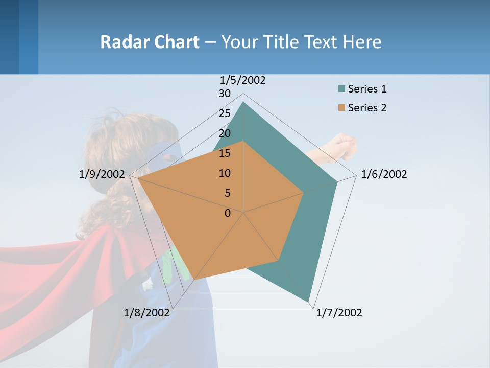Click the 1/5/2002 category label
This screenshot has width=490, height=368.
[243, 80]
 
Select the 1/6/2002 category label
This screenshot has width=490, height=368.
[384, 175]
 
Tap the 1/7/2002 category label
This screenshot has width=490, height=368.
[339, 313]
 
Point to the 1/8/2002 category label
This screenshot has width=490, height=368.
[146, 313]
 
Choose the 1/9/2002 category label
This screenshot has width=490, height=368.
[102, 175]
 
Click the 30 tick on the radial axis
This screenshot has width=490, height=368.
[225, 94]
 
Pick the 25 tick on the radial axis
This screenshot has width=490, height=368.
[225, 114]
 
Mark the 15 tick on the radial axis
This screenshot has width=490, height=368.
[225, 154]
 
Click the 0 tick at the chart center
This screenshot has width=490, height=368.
[228, 213]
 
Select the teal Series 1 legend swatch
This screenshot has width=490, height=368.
[341, 89]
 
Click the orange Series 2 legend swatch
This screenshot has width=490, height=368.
[341, 108]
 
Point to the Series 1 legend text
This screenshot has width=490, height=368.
[367, 89]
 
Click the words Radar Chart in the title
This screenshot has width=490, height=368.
[150, 42]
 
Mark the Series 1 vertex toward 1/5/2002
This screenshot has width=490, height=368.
[243, 102]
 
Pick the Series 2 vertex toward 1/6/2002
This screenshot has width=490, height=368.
[304, 193]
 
